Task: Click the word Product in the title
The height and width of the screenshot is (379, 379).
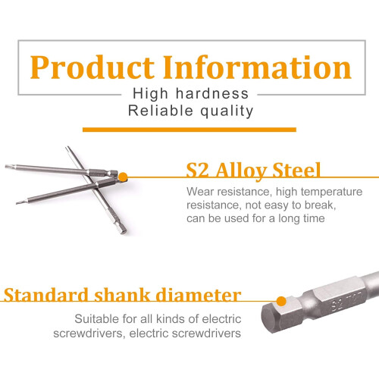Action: (92, 67)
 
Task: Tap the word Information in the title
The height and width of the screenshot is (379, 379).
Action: (257, 67)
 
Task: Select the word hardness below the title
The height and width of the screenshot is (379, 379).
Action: (212, 93)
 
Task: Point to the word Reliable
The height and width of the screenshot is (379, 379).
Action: (161, 111)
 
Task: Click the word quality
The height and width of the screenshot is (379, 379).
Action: (227, 111)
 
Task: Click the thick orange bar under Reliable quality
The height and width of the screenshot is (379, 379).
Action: (189, 130)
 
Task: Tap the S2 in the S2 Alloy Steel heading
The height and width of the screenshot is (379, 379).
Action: (197, 170)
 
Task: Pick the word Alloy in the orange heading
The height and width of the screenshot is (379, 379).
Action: (241, 171)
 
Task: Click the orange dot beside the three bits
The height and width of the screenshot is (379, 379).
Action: (123, 177)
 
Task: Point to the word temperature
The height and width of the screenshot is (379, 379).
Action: (331, 192)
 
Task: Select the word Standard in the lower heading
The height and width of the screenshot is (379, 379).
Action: (46, 295)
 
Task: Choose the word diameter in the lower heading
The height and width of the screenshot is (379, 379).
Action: (199, 295)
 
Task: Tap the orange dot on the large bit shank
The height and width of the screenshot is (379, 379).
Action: (281, 302)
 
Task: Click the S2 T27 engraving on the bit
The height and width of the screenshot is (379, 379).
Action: (346, 300)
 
